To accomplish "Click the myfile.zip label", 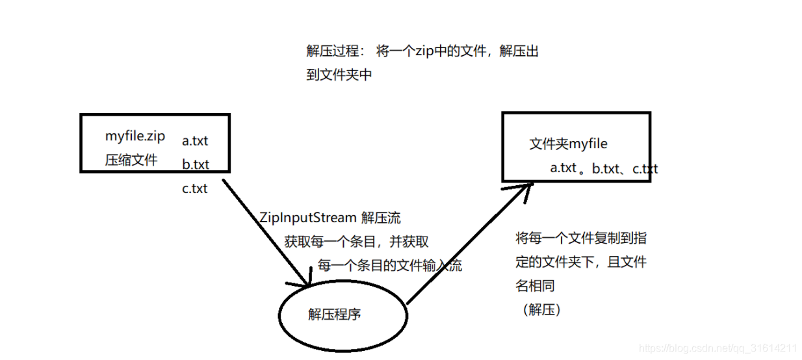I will pyautogui.click(x=135, y=136).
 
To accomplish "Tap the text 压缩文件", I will pyautogui.click(x=131, y=160).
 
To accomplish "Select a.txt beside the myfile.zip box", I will pyautogui.click(x=195, y=140).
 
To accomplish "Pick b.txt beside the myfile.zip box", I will pyautogui.click(x=195, y=164).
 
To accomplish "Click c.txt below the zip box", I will pyautogui.click(x=195, y=188).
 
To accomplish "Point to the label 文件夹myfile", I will pyautogui.click(x=568, y=144).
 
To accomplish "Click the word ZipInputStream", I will pyautogui.click(x=307, y=217).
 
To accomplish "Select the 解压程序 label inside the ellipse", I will pyautogui.click(x=334, y=315).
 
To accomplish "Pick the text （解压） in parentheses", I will pyautogui.click(x=541, y=310).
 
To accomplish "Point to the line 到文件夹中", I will pyautogui.click(x=339, y=75).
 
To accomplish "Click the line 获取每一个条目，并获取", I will pyautogui.click(x=356, y=242).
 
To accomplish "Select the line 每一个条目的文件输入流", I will pyautogui.click(x=389, y=265).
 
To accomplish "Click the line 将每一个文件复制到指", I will pyautogui.click(x=581, y=238).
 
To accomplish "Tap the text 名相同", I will pyautogui.click(x=535, y=286).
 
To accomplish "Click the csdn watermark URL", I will pyautogui.click(x=718, y=348).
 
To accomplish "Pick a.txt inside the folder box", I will pyautogui.click(x=563, y=168).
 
